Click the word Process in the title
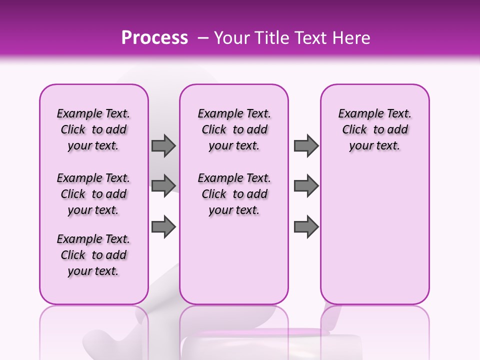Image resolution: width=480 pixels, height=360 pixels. [x=154, y=38]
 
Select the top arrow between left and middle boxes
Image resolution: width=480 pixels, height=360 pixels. [x=163, y=146]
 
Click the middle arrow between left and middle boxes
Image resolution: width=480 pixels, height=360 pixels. [x=163, y=185]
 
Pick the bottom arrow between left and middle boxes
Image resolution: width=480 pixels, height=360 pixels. [x=163, y=227]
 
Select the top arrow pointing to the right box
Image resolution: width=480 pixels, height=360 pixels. [x=306, y=146]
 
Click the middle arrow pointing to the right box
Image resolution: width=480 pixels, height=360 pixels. [x=306, y=185]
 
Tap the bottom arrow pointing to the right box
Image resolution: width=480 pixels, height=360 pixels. [x=306, y=227]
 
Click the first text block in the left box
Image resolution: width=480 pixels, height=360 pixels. [x=93, y=129]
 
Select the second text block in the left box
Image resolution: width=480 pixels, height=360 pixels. [x=93, y=194]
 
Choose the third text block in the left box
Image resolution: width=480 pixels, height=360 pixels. [x=93, y=255]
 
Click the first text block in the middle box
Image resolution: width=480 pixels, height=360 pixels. [x=234, y=129]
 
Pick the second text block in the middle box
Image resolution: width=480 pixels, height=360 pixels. [x=234, y=194]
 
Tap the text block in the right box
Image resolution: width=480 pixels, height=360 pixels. [x=374, y=129]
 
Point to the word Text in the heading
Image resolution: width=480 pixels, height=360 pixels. [x=308, y=38]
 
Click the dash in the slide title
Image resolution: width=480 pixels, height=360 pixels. [x=203, y=38]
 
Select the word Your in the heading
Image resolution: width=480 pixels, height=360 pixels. [x=231, y=38]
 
